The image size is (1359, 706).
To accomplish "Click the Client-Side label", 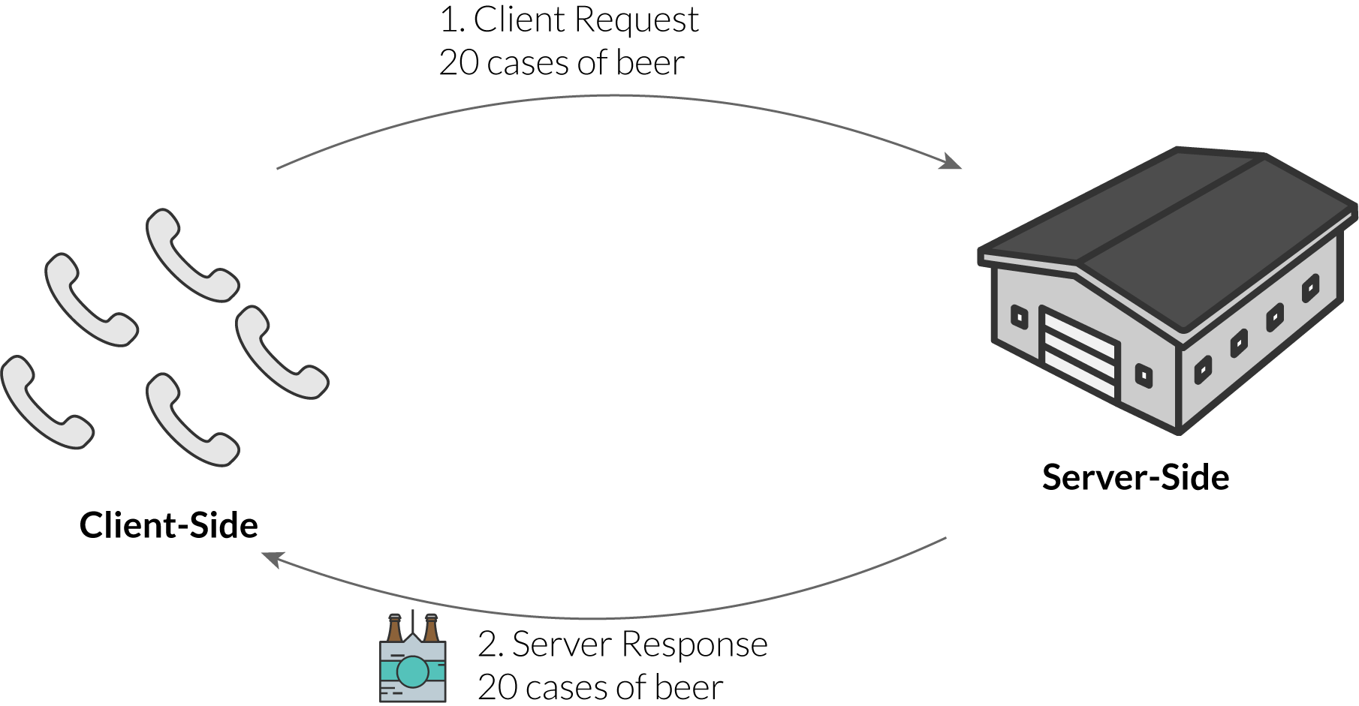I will (169, 525).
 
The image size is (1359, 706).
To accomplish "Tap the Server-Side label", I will (1135, 478).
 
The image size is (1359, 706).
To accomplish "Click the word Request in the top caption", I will (637, 20).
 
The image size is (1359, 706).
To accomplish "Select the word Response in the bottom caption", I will (695, 644).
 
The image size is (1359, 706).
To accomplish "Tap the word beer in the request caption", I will (650, 63).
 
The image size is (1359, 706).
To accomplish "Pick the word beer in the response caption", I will (689, 687).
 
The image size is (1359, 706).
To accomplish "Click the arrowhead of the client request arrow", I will (952, 161).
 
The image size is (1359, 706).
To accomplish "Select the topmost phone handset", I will (191, 255).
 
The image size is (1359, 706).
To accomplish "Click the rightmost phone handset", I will (282, 351).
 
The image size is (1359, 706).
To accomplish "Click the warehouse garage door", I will (1080, 353).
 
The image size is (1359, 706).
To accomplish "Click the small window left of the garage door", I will (1019, 317).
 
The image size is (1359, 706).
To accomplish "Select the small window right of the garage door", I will (1144, 374).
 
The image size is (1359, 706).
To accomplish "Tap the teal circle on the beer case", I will (412, 671).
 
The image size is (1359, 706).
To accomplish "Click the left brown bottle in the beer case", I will (395, 628).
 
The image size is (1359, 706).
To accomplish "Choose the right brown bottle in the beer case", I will (431, 628).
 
